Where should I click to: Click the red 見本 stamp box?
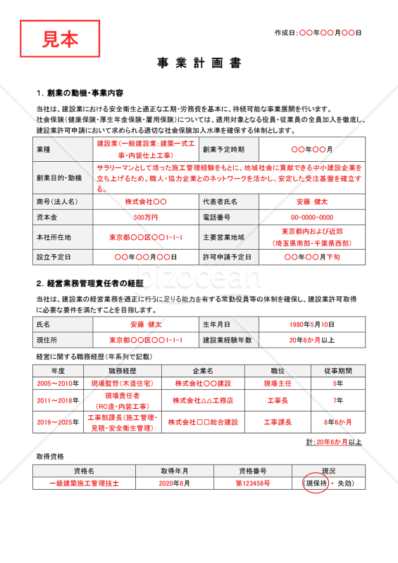60,39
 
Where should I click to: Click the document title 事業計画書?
199,63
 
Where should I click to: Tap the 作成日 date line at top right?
318,32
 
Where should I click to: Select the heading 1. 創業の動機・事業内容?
80,93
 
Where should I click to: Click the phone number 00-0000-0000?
312,217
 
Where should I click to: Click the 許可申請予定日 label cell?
228,257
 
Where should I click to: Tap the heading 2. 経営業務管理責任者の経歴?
89,284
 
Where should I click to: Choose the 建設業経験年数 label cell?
228,340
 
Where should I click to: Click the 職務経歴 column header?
122,370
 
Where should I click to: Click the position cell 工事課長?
278,423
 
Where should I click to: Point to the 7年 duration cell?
338,400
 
